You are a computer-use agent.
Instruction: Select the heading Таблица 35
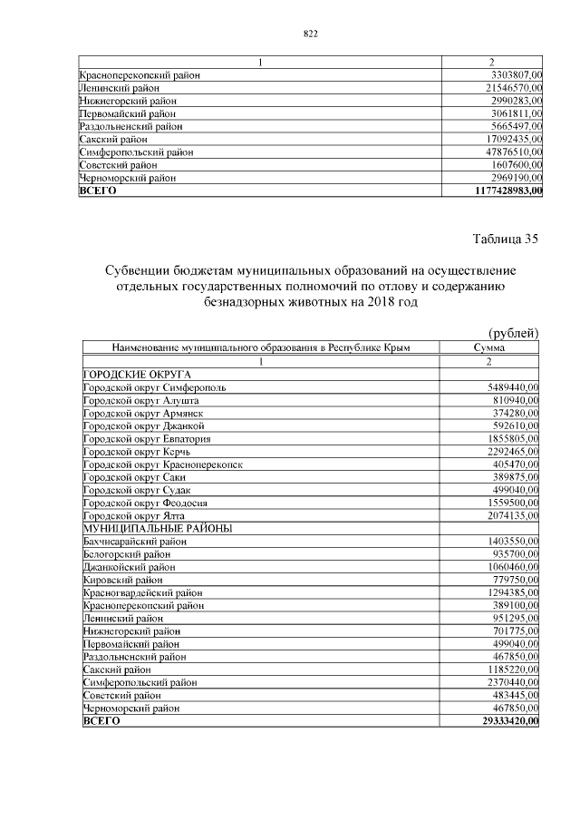click(506, 239)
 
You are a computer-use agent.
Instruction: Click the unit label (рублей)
click(513, 333)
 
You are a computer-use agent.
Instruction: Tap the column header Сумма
click(489, 347)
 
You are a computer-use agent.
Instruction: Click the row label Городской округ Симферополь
click(154, 387)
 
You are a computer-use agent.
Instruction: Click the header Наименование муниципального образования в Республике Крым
click(261, 347)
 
